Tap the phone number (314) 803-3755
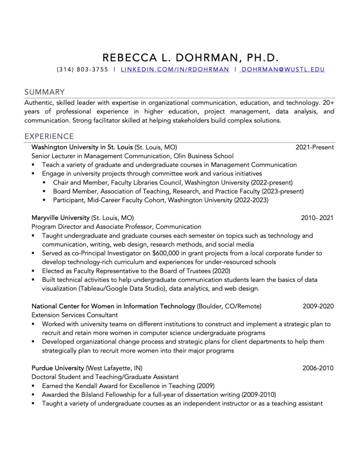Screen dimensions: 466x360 click(x=82, y=70)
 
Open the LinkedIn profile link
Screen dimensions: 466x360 click(x=175, y=70)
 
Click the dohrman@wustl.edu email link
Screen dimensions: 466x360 click(x=283, y=70)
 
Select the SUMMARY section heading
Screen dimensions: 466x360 click(x=44, y=92)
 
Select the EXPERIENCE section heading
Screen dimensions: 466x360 click(x=49, y=136)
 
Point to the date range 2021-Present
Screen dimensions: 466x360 click(x=314, y=147)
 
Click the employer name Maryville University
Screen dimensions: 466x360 click(x=60, y=218)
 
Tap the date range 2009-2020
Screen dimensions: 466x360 click(x=318, y=306)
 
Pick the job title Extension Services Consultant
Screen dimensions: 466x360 click(x=75, y=315)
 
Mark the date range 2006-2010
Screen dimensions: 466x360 click(x=318, y=368)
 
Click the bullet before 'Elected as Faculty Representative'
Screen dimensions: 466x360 click(x=34, y=271)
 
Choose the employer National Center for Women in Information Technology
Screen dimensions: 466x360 click(x=113, y=306)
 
